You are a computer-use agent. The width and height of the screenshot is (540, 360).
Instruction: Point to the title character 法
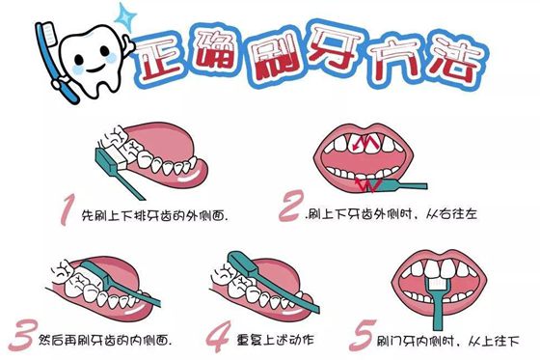[x=449, y=61]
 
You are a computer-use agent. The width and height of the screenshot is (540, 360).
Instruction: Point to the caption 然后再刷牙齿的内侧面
[x=105, y=340]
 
